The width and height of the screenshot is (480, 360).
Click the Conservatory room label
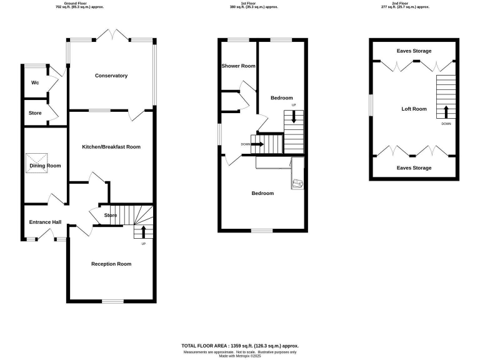111,76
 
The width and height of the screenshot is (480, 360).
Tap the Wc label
35,83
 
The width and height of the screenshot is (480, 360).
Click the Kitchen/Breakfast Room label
111,147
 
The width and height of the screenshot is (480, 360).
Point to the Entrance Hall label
45,222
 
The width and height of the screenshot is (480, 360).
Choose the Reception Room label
111,264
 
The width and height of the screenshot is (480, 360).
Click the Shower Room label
238,66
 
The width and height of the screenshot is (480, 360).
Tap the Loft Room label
414,109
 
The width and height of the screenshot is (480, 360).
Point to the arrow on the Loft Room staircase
446,112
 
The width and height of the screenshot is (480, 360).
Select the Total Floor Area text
240,346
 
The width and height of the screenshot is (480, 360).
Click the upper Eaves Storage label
414,51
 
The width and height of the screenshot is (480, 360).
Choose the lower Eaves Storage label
414,168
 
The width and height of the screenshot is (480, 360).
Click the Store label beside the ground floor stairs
110,216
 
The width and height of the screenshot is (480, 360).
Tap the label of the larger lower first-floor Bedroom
262,193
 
